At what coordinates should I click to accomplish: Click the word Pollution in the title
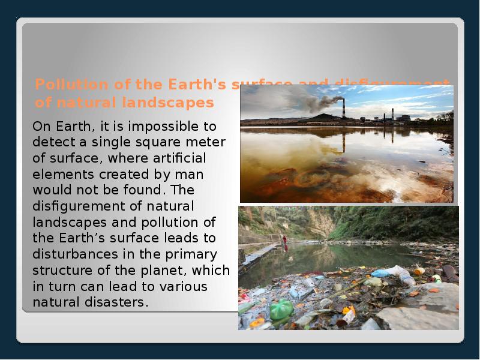[x=62, y=84]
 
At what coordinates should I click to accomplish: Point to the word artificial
[x=181, y=158]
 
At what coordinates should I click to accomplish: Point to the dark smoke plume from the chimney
[x=321, y=102]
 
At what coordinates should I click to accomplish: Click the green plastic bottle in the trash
[x=281, y=310]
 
